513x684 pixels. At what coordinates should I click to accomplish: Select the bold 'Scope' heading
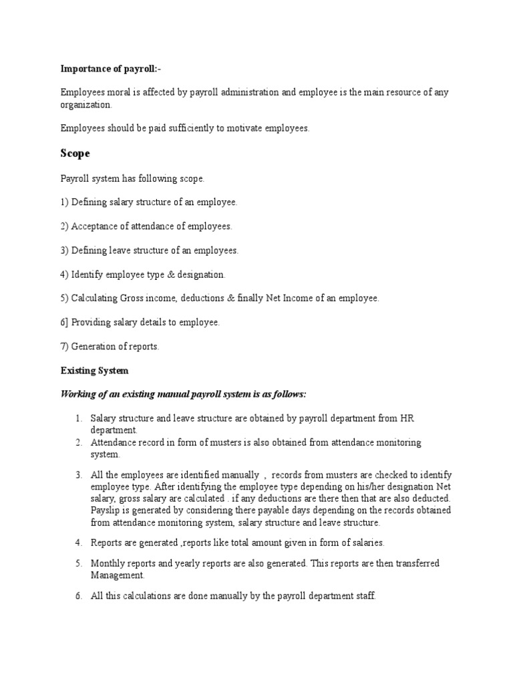(x=75, y=153)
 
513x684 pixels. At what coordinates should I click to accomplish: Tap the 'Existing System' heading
(x=94, y=370)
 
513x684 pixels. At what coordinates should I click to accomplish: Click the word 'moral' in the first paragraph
(x=119, y=92)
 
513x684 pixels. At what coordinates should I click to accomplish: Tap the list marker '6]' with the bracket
(x=65, y=322)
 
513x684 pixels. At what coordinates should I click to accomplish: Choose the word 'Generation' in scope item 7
(x=94, y=346)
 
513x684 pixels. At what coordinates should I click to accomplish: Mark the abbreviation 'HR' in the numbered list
(x=407, y=418)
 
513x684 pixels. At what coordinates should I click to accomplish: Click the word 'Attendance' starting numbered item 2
(x=114, y=442)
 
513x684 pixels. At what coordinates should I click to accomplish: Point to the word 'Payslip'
(x=106, y=510)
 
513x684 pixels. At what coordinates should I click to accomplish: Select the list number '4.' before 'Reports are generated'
(x=77, y=542)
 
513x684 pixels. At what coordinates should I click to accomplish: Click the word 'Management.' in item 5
(x=117, y=574)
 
